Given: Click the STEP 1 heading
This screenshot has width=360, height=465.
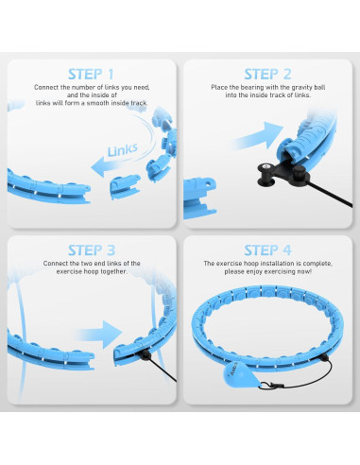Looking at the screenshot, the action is [91, 75].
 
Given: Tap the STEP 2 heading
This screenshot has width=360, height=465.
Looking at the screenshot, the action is [267, 75].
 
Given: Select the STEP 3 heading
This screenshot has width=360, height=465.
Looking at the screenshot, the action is [92, 250].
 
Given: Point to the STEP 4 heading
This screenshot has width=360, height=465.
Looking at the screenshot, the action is [267, 250].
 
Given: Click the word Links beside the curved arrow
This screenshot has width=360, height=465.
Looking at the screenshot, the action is [123, 150].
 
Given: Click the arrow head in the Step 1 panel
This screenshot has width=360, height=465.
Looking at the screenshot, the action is [99, 166].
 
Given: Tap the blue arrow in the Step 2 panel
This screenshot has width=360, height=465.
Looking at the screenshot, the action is [258, 136].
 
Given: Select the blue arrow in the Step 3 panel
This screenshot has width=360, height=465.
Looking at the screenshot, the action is [98, 333].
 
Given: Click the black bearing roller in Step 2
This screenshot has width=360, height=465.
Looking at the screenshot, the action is [266, 174].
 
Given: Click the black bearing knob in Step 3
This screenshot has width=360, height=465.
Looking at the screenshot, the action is [145, 354].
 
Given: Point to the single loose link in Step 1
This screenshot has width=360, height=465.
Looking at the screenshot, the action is [125, 187].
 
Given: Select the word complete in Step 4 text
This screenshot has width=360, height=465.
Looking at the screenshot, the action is [317, 264].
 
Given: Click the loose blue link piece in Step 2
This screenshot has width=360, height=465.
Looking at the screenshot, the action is [199, 198].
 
